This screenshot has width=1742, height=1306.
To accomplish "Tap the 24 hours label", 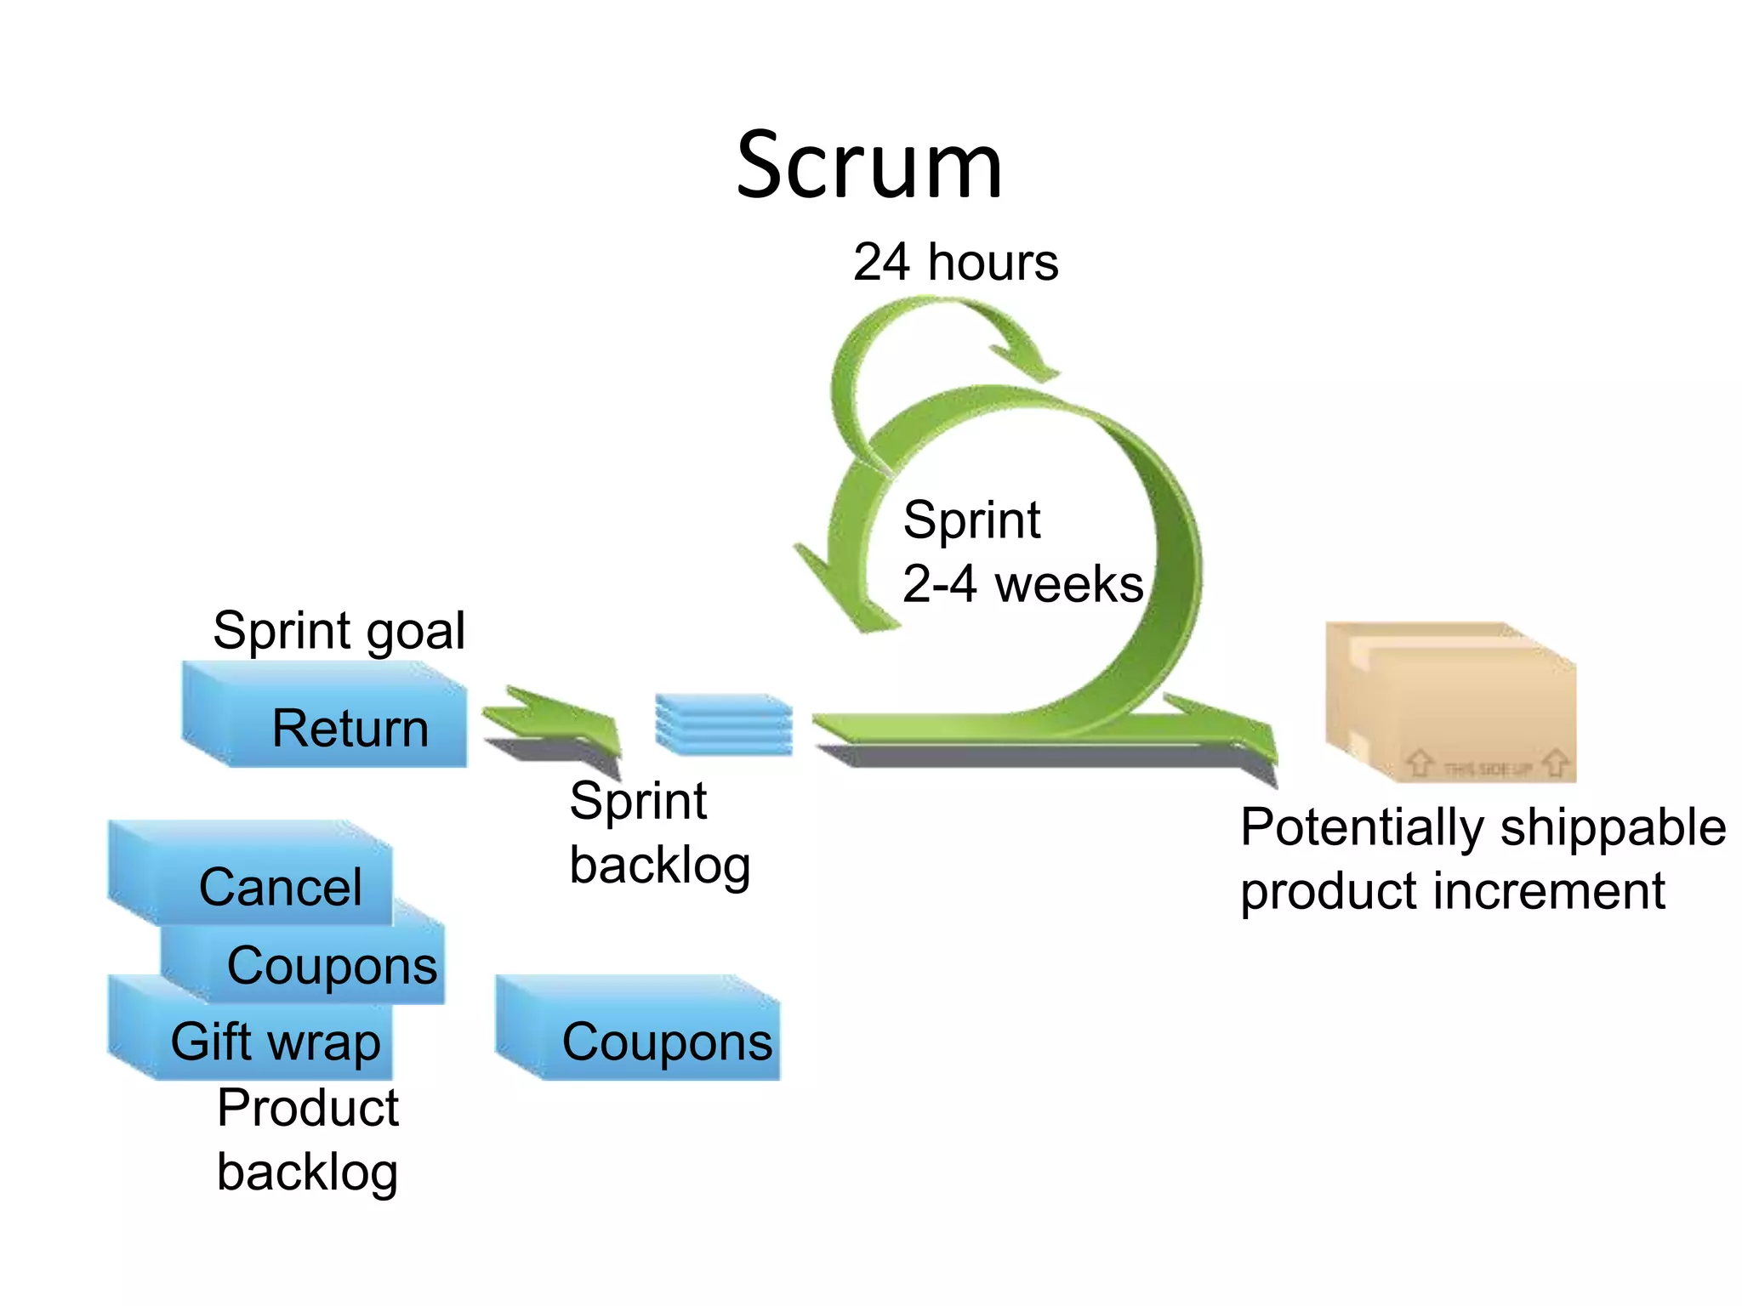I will pyautogui.click(x=955, y=262).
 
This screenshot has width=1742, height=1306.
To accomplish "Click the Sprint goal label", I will pyautogui.click(x=339, y=631).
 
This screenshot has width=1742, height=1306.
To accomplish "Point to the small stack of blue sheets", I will pyautogui.click(x=724, y=724).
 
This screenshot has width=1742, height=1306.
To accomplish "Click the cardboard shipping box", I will pyautogui.click(x=1451, y=702).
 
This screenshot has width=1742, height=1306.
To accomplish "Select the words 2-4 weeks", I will pyautogui.click(x=1022, y=584).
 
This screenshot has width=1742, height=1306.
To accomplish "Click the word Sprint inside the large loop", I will pyautogui.click(x=971, y=520).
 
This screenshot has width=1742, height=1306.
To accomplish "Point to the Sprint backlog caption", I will pyautogui.click(x=659, y=833).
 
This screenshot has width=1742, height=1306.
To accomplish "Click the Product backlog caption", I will pyautogui.click(x=307, y=1140).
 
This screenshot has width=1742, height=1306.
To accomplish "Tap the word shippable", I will pyautogui.click(x=1613, y=827).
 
